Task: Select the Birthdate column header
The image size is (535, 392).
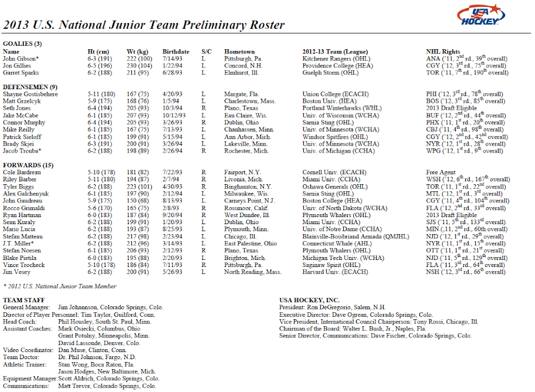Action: (175, 52)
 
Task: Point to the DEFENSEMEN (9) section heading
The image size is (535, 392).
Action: (30, 87)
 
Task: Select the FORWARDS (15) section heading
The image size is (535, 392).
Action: (26, 165)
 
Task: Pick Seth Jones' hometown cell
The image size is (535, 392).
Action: (241, 108)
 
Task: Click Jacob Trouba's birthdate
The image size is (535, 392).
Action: (172, 151)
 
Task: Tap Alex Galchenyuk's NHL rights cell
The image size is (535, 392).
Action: (464, 194)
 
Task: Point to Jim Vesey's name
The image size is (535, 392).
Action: (16, 272)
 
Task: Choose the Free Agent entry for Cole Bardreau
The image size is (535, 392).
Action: (442, 172)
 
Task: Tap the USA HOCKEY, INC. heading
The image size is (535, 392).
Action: (309, 300)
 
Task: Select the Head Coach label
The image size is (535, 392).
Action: (22, 322)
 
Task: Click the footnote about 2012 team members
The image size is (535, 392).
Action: (59, 286)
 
